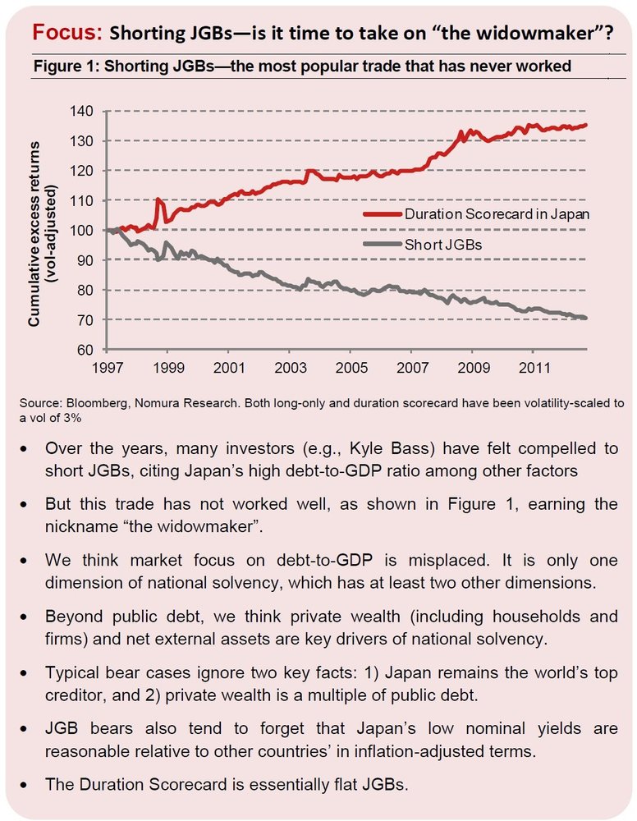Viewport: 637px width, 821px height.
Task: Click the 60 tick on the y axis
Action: (85, 350)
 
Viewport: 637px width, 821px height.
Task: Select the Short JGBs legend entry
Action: (442, 245)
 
